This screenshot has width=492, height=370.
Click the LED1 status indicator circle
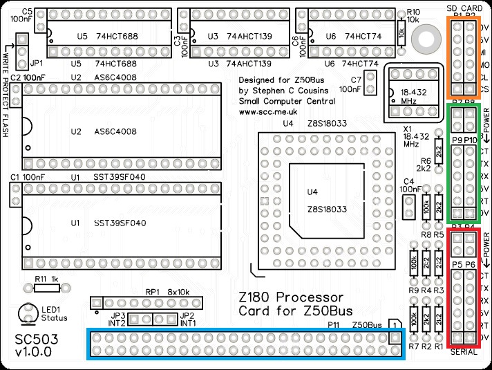(x=29, y=313)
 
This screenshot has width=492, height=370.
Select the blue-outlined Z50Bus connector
(x=246, y=344)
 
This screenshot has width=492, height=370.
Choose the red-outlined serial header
(x=464, y=288)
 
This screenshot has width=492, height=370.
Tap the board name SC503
(x=34, y=340)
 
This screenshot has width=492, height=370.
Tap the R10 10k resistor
(x=401, y=30)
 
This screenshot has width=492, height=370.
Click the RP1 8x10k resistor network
(x=147, y=303)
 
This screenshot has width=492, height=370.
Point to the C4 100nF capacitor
(x=408, y=203)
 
